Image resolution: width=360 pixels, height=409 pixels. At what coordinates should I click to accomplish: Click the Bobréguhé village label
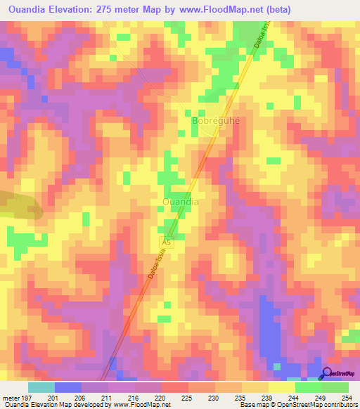[x=216, y=120]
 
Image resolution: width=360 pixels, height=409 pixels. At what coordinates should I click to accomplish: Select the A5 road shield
[x=165, y=240]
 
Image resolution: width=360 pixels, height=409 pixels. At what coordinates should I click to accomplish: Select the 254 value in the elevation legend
[x=347, y=397]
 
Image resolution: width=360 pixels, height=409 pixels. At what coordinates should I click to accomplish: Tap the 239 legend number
[x=267, y=397]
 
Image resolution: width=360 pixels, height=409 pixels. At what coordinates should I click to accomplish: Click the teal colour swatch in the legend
[x=41, y=387]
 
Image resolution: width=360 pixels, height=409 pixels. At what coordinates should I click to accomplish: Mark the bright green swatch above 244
[x=307, y=387]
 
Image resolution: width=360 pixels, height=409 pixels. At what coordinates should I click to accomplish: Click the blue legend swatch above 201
[x=67, y=387]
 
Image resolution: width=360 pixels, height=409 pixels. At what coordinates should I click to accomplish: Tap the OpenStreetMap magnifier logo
[x=327, y=373]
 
